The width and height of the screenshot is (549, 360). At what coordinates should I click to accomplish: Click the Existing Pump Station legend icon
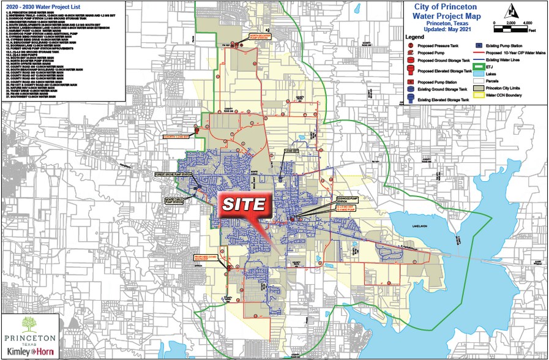pos(478,45)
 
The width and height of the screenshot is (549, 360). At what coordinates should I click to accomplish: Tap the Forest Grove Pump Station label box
pos(174,174)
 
